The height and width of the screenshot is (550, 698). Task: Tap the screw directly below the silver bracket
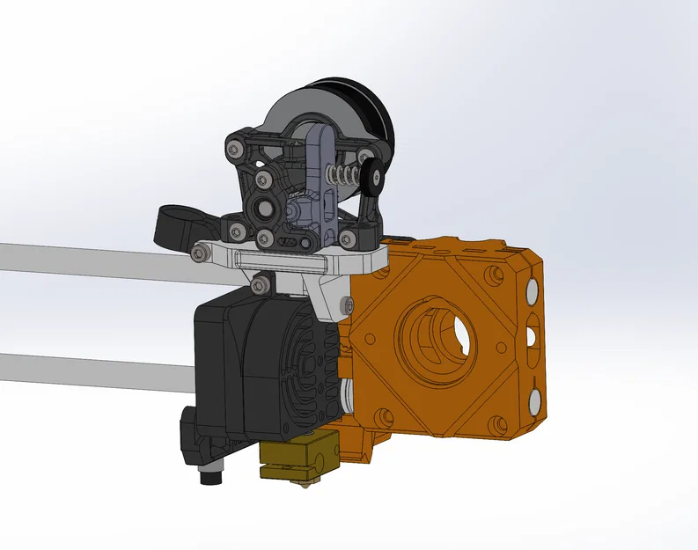260,285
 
